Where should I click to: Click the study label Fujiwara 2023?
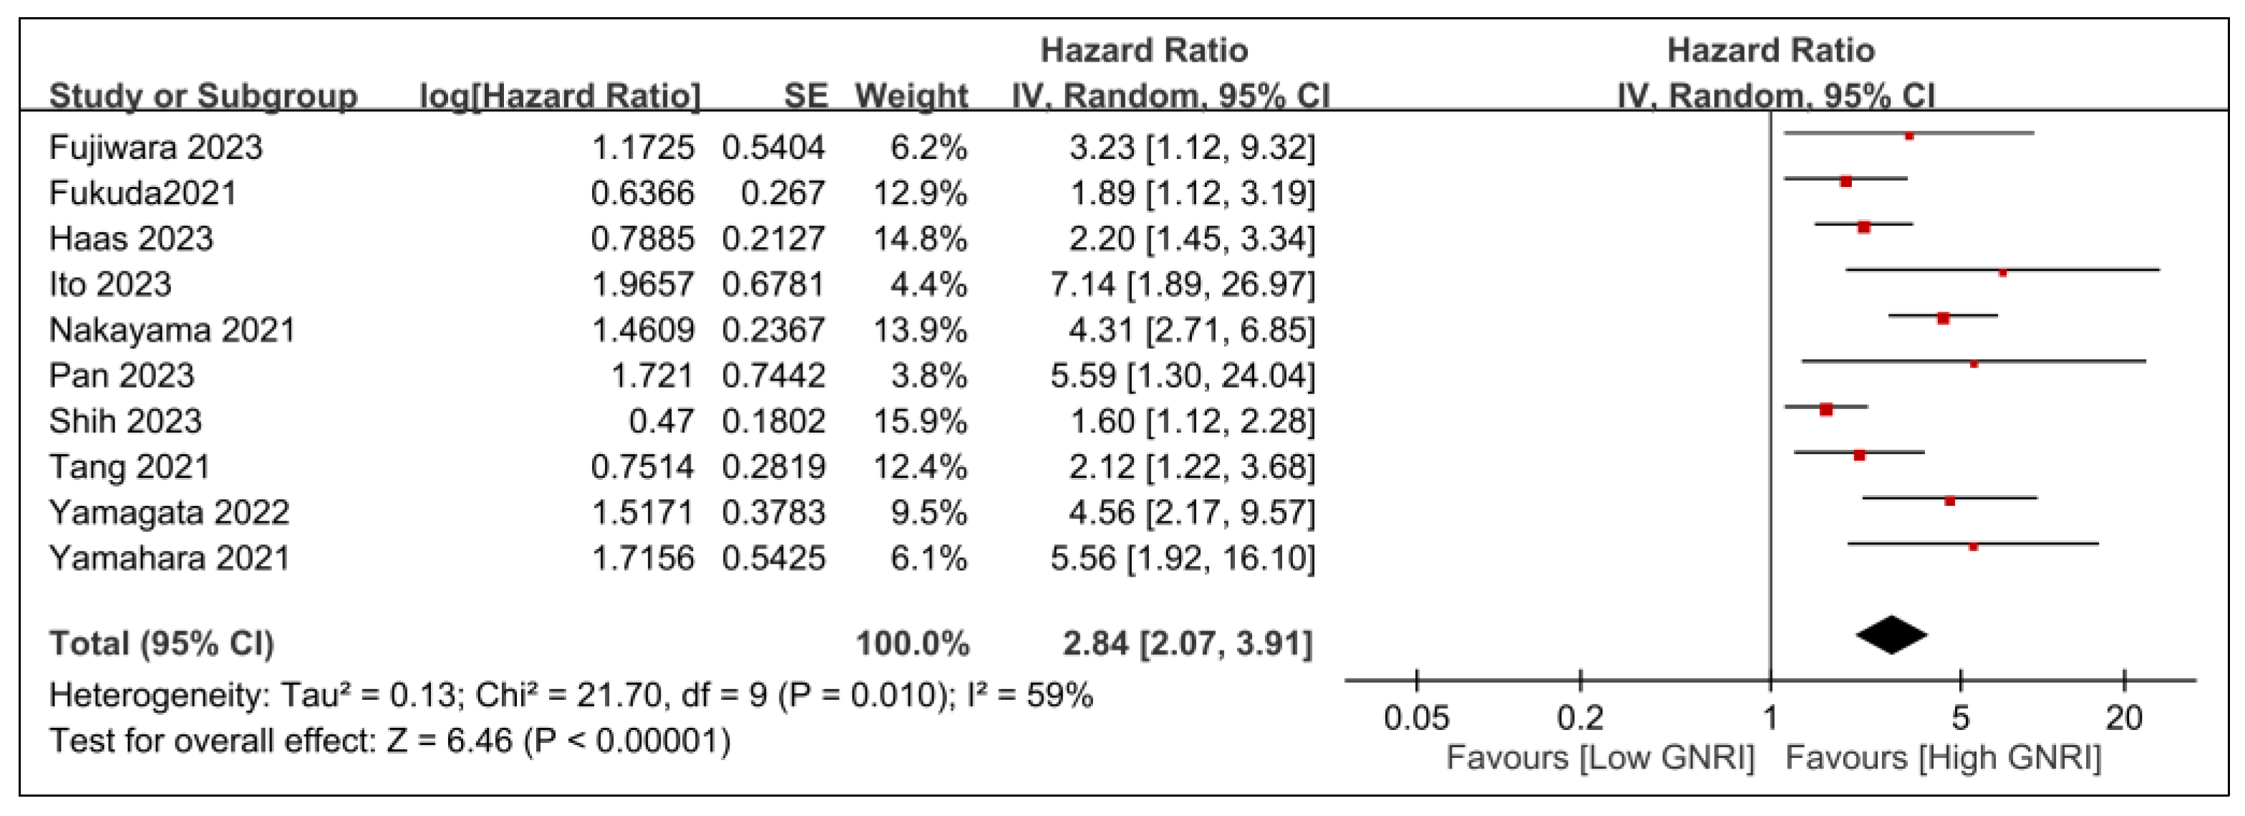(x=155, y=148)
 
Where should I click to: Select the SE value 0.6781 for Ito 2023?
(x=773, y=284)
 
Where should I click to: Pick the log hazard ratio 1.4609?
(x=642, y=330)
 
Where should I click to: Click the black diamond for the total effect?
(x=1891, y=635)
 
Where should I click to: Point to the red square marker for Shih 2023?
(x=1825, y=409)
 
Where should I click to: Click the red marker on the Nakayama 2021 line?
(x=1943, y=318)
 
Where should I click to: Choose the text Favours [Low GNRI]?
(x=1600, y=757)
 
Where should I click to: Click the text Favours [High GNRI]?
(x=1944, y=757)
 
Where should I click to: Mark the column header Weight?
(x=911, y=95)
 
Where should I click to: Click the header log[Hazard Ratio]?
(x=560, y=95)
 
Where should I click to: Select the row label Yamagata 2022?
(x=169, y=512)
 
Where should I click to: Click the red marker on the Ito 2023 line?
(x=2002, y=273)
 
